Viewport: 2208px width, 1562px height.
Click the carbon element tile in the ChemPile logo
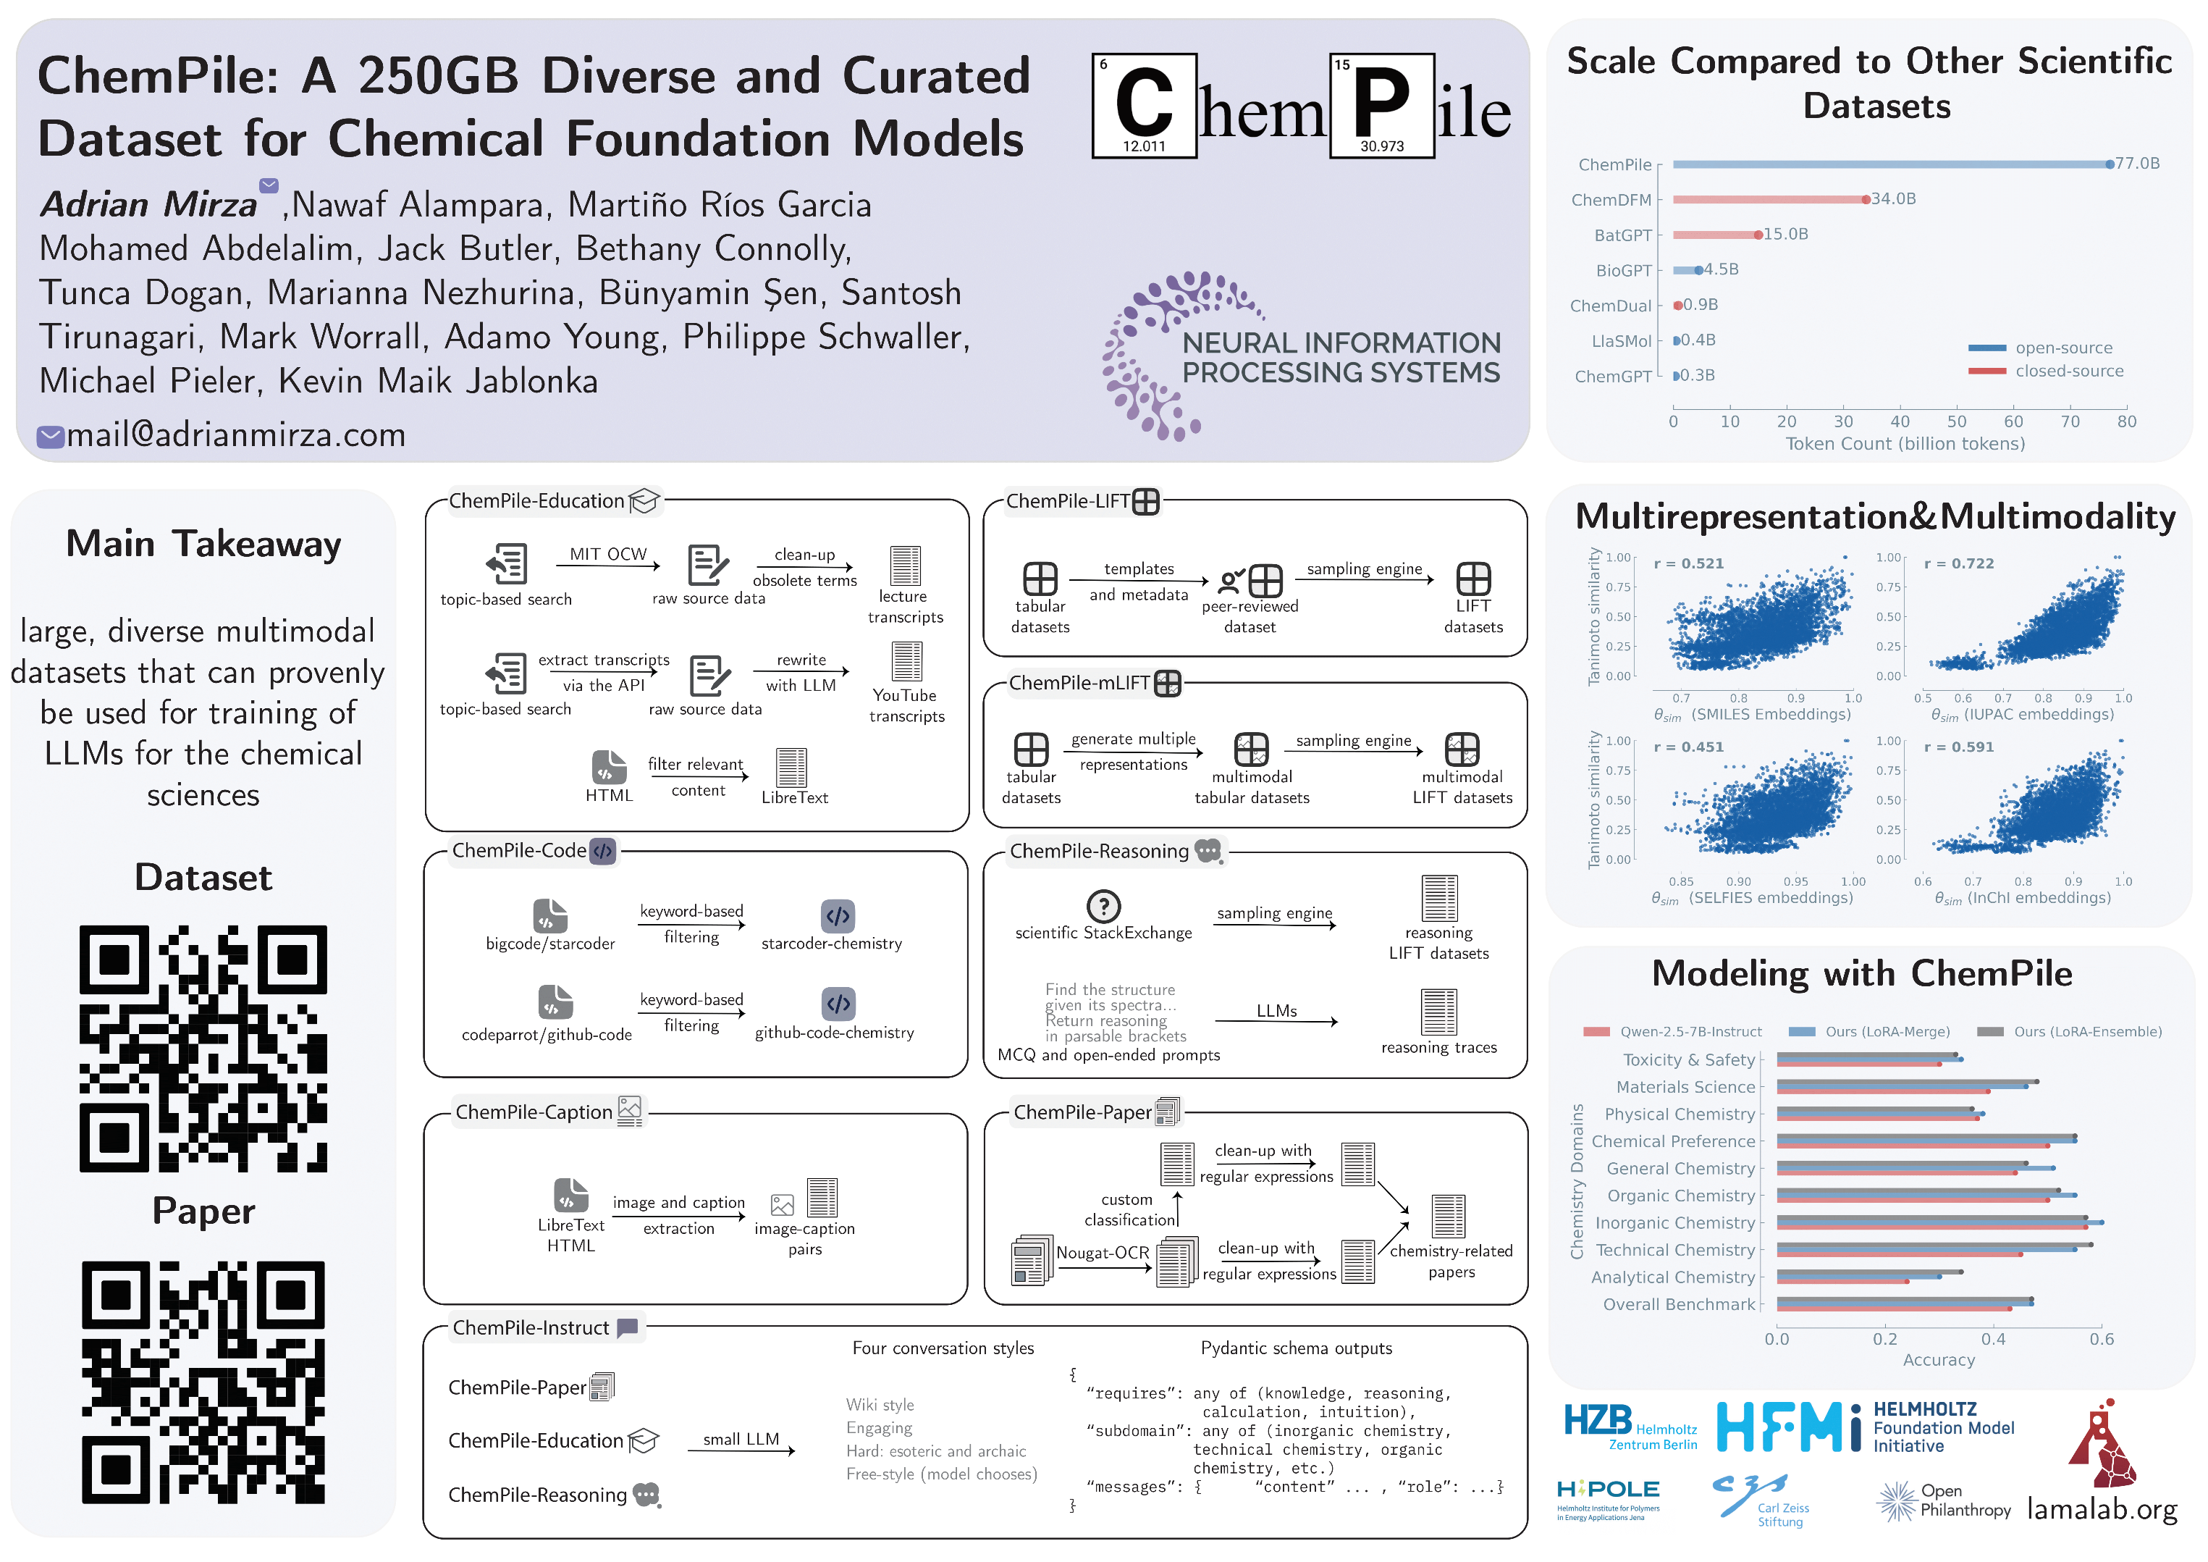point(1143,105)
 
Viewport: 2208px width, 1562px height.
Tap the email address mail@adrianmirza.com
point(235,434)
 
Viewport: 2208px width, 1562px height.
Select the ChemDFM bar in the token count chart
point(1769,200)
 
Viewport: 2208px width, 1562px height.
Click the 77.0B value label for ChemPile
point(2137,164)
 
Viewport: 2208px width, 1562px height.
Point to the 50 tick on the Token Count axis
point(1957,421)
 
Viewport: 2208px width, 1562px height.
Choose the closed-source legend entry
point(2068,371)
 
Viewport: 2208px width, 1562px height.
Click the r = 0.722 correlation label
point(1958,563)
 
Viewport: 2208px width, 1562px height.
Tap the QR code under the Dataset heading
point(203,1049)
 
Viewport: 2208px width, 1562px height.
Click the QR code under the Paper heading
point(203,1382)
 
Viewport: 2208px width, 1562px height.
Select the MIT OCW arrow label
point(608,554)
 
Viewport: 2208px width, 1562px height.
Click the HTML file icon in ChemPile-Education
point(609,768)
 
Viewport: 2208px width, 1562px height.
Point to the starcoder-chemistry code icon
point(838,915)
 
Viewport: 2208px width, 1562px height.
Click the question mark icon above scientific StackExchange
point(1103,906)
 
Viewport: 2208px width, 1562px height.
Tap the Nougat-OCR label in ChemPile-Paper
point(1102,1252)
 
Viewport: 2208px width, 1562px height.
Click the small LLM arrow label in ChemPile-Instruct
point(741,1439)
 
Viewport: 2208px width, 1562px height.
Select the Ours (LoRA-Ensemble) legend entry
point(2087,1032)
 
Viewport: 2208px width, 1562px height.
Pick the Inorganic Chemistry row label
point(1674,1222)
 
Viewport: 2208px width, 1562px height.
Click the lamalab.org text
point(2102,1508)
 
